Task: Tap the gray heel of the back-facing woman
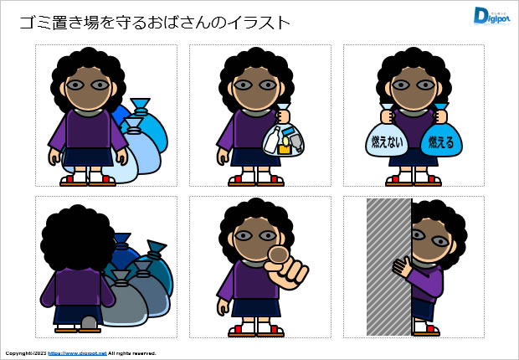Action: (x=89, y=321)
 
